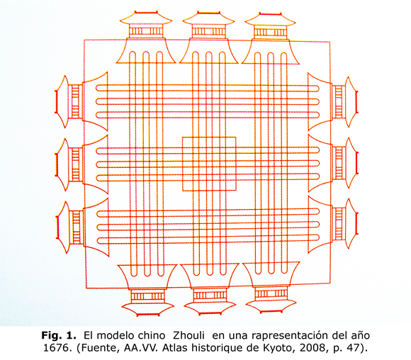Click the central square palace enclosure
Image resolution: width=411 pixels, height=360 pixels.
209,137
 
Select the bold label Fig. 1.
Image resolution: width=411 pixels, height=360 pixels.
59,336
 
